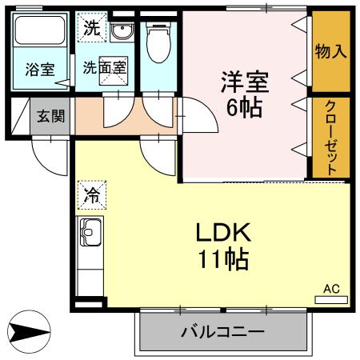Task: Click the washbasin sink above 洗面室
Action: (122, 32)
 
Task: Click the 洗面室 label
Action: (105, 68)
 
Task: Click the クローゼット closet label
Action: (330, 136)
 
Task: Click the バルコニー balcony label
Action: (222, 330)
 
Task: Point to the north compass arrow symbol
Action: (30, 330)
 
